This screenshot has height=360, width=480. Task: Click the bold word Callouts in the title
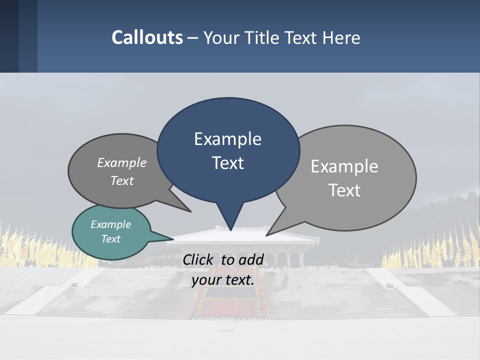pos(147,37)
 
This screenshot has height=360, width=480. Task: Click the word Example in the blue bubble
pos(227,139)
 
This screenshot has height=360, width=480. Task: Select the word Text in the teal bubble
pos(110,239)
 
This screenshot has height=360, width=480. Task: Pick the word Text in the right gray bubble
pos(344,190)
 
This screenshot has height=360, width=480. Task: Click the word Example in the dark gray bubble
pos(121,163)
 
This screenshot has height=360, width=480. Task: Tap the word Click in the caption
pos(198,260)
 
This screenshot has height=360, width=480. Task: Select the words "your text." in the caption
pos(223,280)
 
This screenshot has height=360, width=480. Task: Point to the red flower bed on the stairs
pos(227,305)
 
